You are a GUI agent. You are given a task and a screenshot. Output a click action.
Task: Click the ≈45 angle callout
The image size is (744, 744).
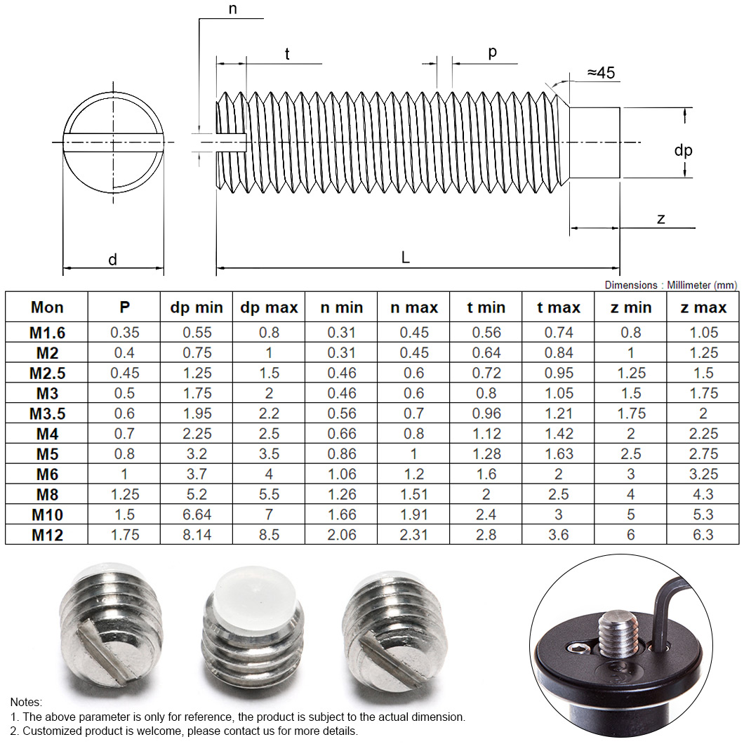tap(601, 73)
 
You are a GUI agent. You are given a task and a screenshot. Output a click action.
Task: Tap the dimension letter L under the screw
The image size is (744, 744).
tap(405, 258)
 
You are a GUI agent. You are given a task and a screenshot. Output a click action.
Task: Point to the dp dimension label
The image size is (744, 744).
tap(683, 150)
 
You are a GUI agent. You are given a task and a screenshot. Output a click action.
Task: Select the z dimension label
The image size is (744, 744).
tap(660, 218)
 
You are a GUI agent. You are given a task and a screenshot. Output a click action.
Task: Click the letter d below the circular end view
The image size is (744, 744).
tap(112, 260)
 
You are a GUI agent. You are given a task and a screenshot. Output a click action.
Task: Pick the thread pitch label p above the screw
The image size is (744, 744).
tap(492, 53)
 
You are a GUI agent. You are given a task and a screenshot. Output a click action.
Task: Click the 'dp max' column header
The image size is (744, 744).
tap(269, 307)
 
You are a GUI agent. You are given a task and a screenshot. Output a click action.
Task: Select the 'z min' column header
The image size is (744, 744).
tap(630, 307)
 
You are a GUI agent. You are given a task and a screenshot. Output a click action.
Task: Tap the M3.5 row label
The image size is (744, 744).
tap(47, 413)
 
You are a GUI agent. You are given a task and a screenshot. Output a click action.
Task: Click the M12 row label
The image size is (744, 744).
tap(47, 535)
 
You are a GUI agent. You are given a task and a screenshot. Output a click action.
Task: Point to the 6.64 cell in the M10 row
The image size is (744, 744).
tap(197, 514)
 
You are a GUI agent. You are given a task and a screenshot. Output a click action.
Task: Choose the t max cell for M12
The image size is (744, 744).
tap(559, 535)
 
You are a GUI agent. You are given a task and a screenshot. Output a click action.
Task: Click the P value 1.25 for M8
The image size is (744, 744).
tap(124, 494)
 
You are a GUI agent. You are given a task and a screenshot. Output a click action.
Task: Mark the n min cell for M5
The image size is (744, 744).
tap(341, 453)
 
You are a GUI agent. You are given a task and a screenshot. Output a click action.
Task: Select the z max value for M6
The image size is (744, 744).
tap(703, 474)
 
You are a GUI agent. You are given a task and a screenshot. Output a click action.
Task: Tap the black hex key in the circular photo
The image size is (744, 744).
tap(665, 604)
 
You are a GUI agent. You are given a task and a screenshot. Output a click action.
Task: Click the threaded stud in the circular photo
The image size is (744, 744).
tap(616, 632)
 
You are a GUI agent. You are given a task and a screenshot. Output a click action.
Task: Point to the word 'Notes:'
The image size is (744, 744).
tap(26, 702)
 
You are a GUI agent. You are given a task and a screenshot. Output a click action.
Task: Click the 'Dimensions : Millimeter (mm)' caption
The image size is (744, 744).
tap(670, 285)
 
